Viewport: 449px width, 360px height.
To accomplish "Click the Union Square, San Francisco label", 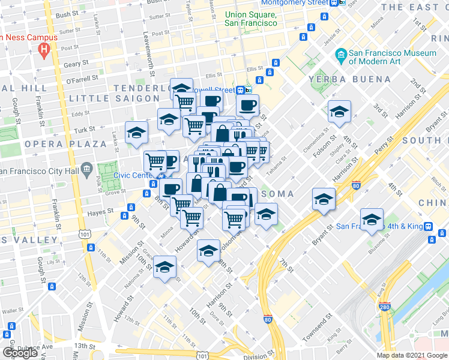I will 250,19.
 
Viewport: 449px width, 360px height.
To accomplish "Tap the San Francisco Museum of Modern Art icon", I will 341,57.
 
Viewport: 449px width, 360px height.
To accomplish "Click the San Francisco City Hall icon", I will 86,167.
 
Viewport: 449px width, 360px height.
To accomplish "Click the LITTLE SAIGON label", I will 106,98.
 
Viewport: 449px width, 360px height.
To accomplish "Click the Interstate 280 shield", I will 384,307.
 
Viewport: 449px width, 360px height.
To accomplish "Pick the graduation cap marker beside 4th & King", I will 372,220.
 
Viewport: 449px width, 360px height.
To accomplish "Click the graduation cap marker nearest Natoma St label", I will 164,268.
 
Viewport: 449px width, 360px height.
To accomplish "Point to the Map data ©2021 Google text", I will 412,355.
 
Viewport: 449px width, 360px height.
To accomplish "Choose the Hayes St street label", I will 100,211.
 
